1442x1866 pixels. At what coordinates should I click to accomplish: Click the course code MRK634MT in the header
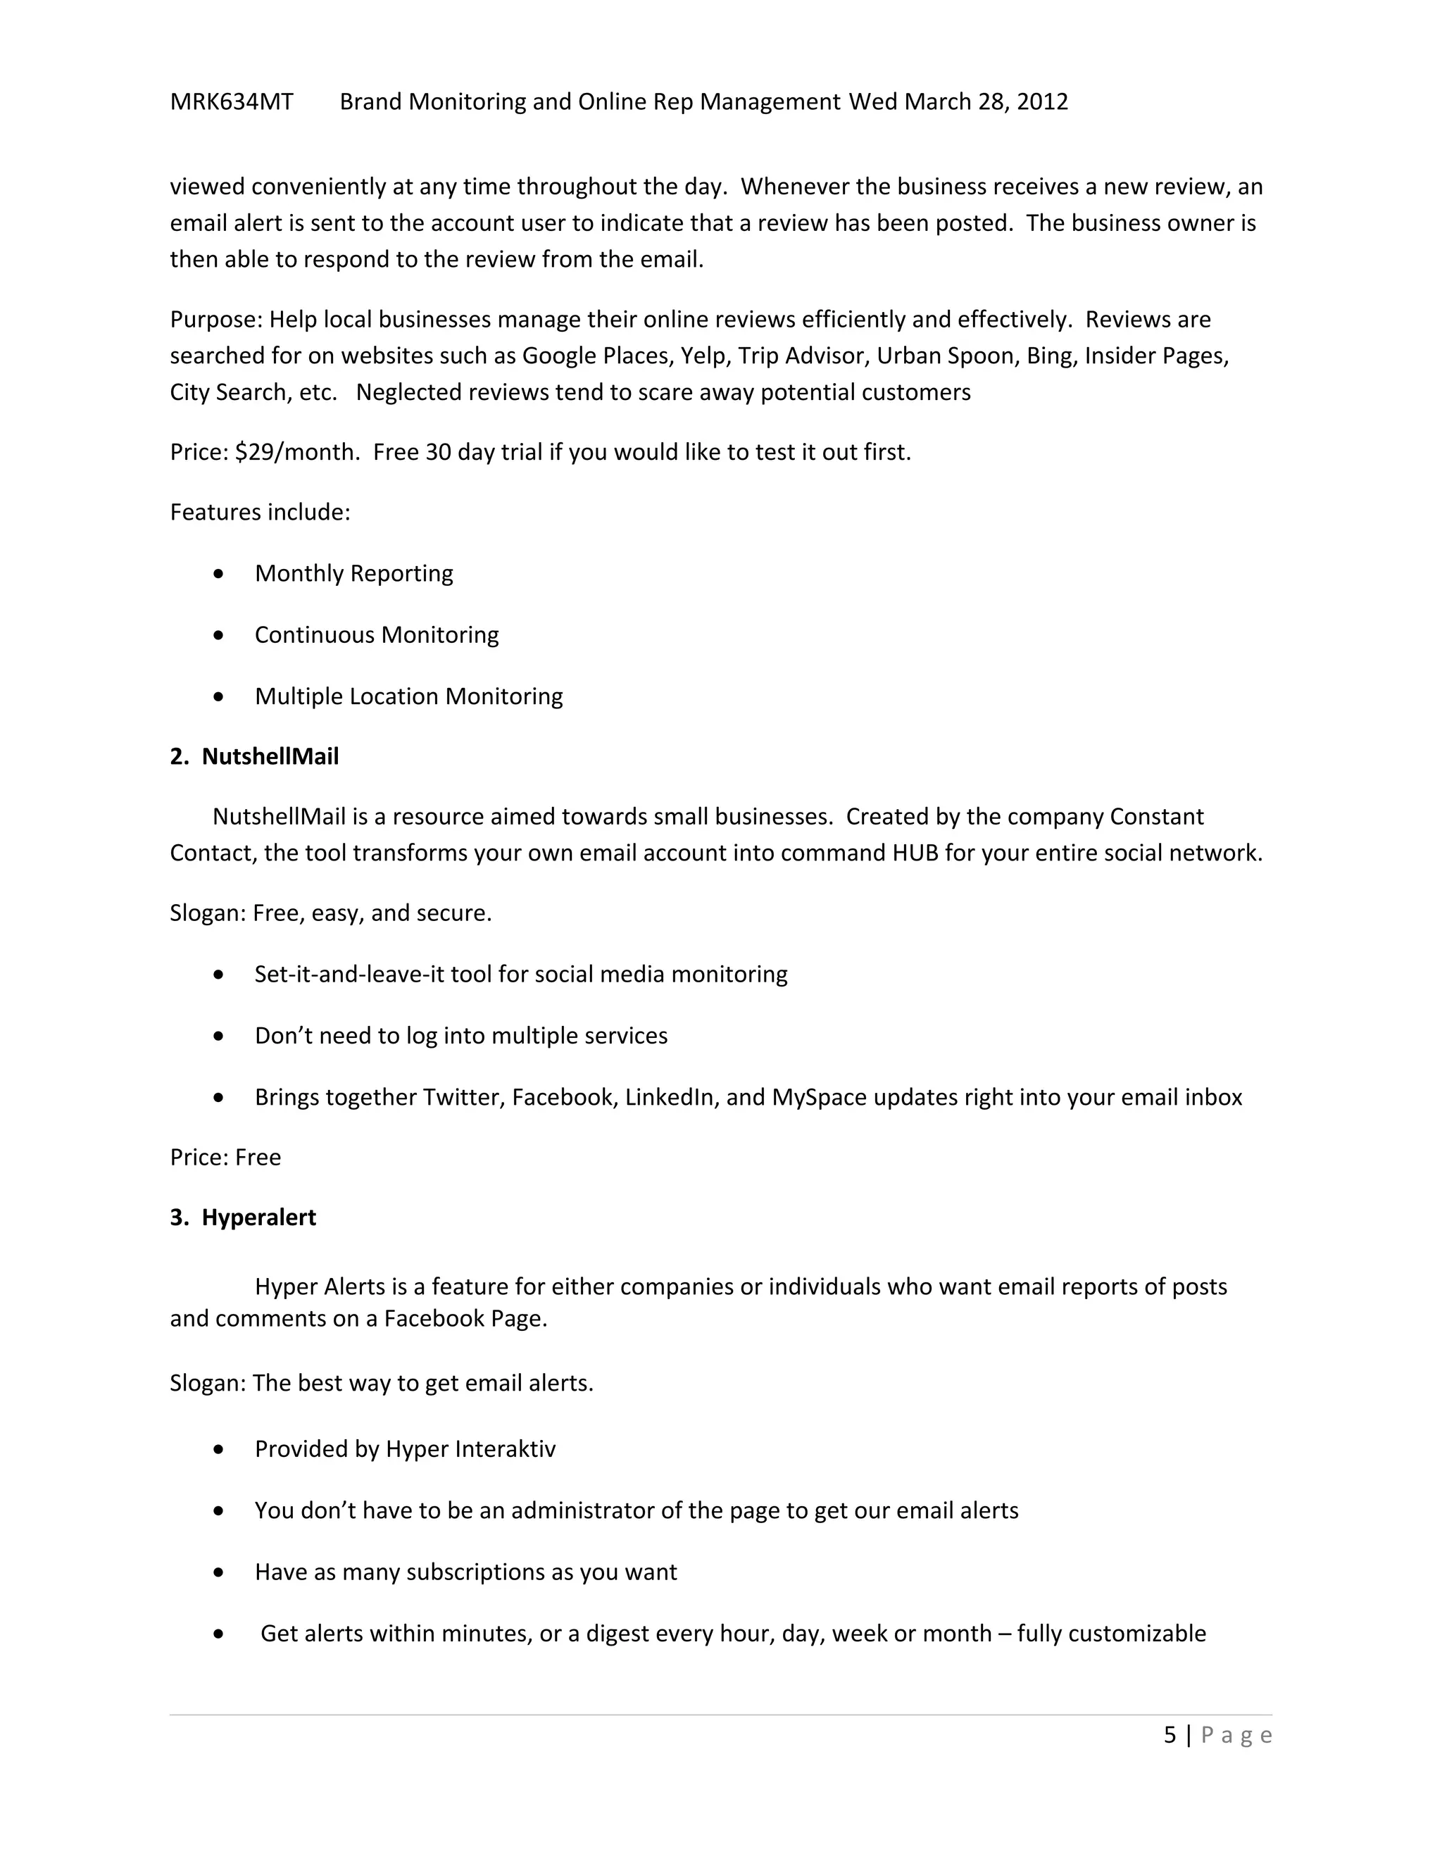pos(232,101)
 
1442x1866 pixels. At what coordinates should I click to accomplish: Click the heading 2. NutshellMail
pos(255,756)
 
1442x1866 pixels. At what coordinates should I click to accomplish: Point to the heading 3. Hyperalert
pos(243,1217)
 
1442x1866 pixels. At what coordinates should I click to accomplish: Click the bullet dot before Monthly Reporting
pos(220,574)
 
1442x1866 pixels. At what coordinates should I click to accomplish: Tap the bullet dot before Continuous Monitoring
pos(220,636)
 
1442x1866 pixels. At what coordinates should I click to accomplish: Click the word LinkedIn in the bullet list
pos(669,1097)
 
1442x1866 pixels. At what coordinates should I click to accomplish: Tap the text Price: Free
pos(225,1157)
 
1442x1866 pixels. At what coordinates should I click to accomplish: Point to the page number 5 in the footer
pos(1170,1735)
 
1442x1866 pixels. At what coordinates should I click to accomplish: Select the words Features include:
pos(260,512)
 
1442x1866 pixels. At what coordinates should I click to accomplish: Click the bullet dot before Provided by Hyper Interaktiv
pos(220,1450)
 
